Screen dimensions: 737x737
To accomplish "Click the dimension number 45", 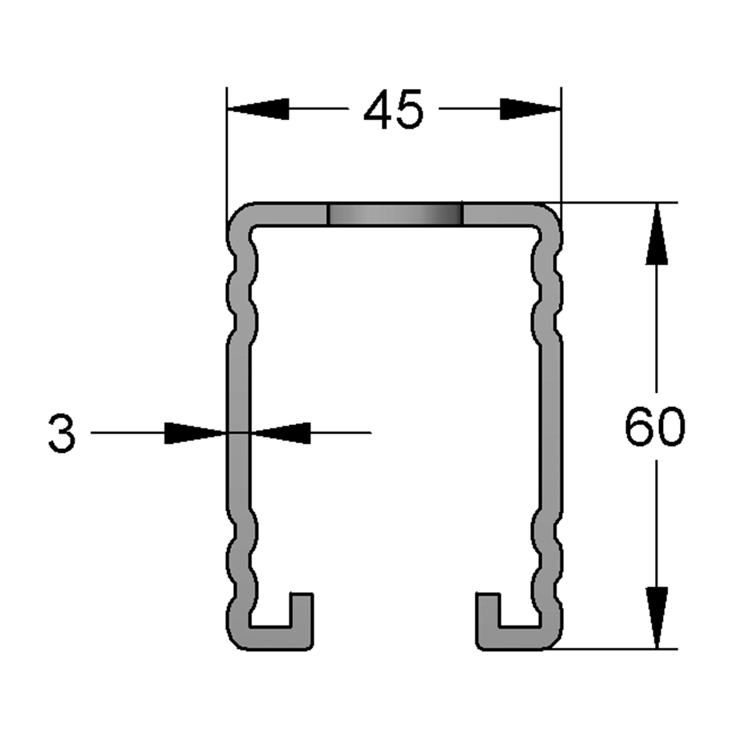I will pyautogui.click(x=393, y=109).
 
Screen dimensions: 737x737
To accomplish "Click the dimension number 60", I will pyautogui.click(x=654, y=427).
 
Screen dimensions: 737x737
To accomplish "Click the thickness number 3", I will pyautogui.click(x=62, y=434).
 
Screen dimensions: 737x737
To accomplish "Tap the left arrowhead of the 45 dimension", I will pyautogui.click(x=258, y=109).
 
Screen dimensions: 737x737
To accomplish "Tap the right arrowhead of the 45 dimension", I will pyautogui.click(x=530, y=109).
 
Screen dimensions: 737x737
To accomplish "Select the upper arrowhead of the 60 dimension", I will pyautogui.click(x=657, y=234).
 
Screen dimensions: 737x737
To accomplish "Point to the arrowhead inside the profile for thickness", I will pyautogui.click(x=282, y=432).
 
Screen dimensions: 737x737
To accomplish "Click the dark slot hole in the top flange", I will pyautogui.click(x=395, y=215).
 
